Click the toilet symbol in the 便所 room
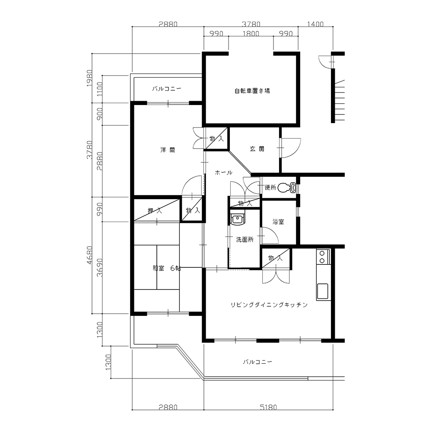tap(287, 188)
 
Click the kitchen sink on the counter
tap(323, 292)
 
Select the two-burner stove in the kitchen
tap(321, 257)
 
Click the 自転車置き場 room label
tap(252, 91)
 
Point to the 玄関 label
tap(257, 149)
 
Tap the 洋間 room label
tap(168, 150)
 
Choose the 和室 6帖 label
tap(167, 268)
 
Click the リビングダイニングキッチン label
tap(269, 305)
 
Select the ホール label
tap(223, 173)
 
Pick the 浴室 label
tap(278, 222)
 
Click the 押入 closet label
tap(155, 211)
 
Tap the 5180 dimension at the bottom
tap(268, 407)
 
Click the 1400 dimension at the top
tap(315, 24)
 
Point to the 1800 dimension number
tap(251, 34)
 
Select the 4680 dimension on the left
tap(89, 255)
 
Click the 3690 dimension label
tap(99, 267)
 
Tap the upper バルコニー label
tap(167, 89)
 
